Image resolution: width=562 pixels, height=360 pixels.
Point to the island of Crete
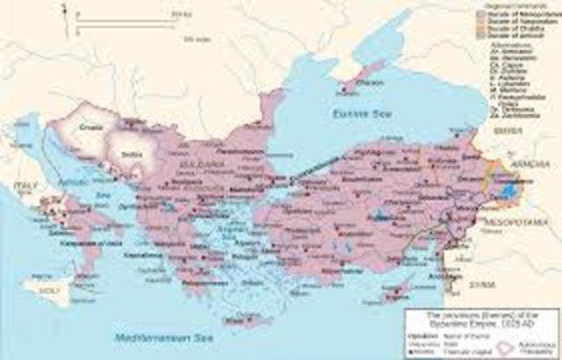(x=236, y=320)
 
